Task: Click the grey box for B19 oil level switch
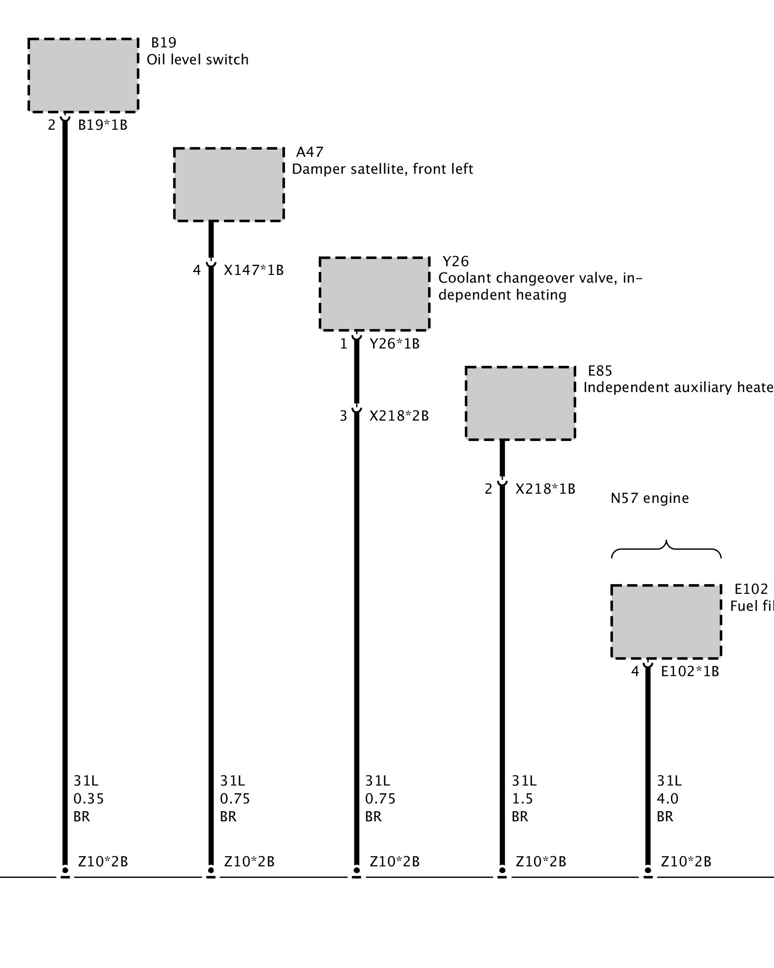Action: point(83,75)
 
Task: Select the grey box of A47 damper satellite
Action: point(229,184)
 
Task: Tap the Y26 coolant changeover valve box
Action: point(374,294)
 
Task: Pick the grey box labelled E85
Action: point(521,403)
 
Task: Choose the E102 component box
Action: point(666,622)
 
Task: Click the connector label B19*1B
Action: point(103,125)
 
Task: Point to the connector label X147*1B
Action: point(253,270)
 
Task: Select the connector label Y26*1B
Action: point(394,344)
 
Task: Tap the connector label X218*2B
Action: point(399,416)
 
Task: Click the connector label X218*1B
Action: point(545,489)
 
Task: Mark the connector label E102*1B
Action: point(690,671)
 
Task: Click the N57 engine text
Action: point(650,498)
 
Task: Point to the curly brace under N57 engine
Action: point(667,549)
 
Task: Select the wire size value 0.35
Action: point(89,799)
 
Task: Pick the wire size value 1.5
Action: point(522,799)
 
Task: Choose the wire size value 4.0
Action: point(668,799)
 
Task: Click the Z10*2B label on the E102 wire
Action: point(686,862)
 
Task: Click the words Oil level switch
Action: point(197,60)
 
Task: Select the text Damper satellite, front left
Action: point(382,169)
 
